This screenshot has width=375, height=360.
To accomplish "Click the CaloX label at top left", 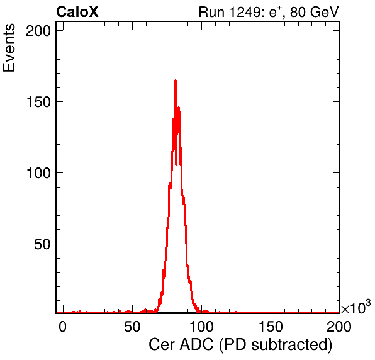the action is click(x=77, y=12).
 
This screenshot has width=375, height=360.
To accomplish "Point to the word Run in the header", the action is click(x=212, y=12).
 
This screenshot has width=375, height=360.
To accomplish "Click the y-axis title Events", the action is click(x=9, y=48).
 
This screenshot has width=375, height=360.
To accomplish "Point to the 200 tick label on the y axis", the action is click(x=38, y=31).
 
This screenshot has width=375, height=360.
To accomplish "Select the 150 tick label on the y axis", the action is click(x=38, y=102).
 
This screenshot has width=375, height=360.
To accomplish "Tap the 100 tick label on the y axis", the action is click(x=38, y=172).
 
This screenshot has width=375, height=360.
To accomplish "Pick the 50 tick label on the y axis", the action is click(x=42, y=244).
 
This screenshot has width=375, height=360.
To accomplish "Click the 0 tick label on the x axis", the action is click(x=62, y=327).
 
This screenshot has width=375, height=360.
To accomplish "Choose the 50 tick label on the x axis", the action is click(x=132, y=327).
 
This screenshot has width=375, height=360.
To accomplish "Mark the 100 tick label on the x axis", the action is click(x=201, y=327).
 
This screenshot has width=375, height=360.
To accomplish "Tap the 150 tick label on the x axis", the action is click(x=271, y=327).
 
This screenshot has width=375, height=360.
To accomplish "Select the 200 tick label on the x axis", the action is click(x=339, y=327).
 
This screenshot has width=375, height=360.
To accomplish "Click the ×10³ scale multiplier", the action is click(x=356, y=307).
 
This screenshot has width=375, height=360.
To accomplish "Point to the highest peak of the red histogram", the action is click(x=176, y=81).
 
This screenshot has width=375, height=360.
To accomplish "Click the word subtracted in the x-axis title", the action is click(x=292, y=345).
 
